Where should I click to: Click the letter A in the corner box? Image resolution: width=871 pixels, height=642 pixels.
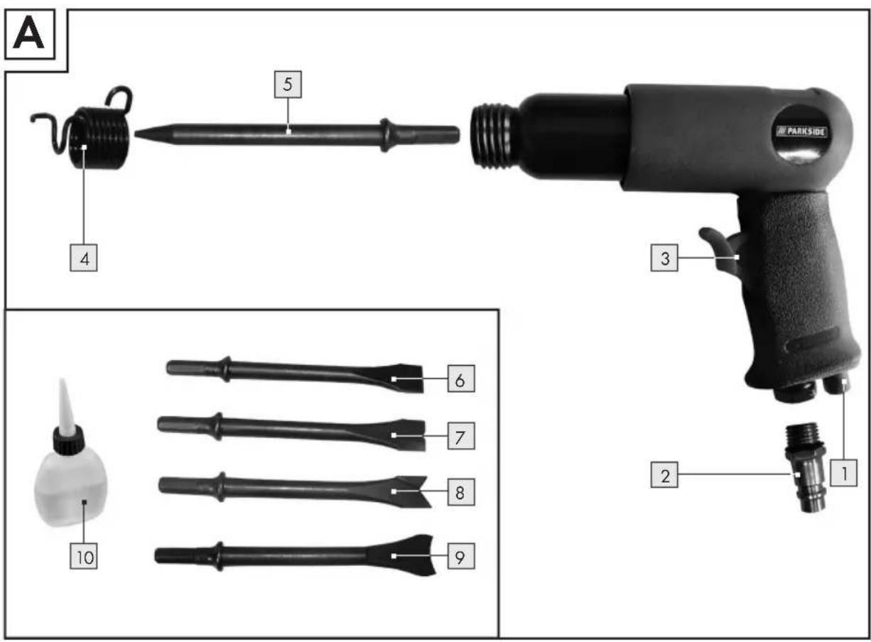28,34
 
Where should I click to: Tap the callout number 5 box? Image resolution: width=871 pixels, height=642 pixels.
288,85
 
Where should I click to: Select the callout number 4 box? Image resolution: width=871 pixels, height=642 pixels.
84,258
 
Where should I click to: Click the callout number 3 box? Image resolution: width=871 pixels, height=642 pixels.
664,258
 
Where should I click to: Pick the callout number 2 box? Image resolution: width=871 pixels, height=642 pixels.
664,474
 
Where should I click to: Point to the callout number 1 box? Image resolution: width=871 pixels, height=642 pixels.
844,473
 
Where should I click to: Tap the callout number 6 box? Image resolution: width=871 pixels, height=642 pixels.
461,379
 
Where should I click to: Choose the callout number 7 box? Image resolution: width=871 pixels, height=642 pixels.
461,436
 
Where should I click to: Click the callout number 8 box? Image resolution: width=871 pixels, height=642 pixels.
461,492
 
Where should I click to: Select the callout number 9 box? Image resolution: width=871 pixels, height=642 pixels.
461,556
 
